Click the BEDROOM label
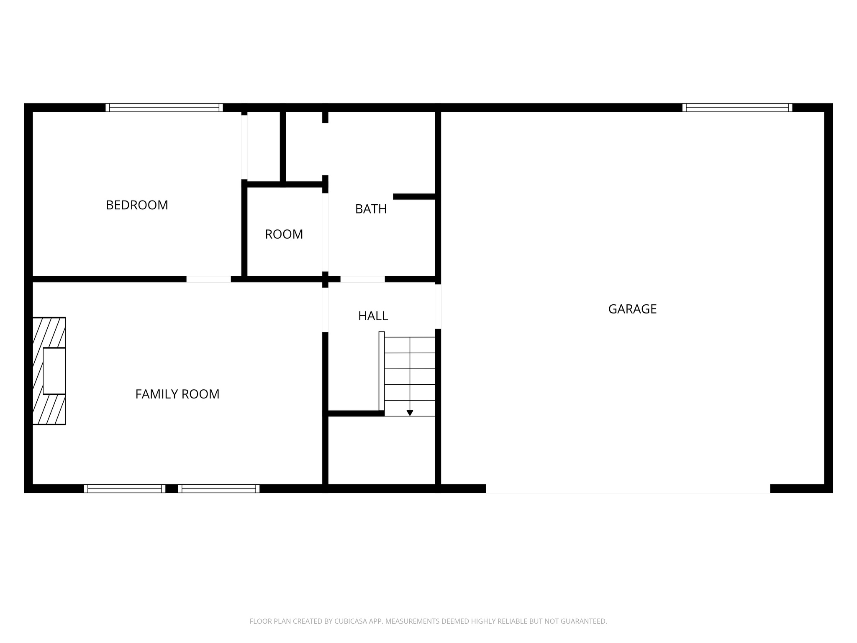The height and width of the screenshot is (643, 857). tap(137, 205)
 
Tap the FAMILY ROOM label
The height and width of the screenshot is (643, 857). tap(177, 394)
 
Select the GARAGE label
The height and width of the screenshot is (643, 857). tap(632, 309)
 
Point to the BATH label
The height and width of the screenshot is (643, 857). tap(371, 209)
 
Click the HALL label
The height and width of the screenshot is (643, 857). tap(373, 316)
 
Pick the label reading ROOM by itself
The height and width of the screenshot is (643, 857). tap(284, 234)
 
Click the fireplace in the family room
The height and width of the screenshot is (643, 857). tap(49, 371)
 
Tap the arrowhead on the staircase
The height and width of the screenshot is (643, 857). tap(410, 413)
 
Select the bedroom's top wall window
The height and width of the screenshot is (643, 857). tap(164, 108)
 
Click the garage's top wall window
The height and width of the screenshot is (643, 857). tap(737, 108)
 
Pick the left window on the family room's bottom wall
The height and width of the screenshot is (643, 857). tap(125, 489)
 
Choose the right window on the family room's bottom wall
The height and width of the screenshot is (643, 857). tap(219, 489)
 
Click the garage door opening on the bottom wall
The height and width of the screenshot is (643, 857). tap(628, 489)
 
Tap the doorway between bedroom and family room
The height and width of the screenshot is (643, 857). tap(208, 279)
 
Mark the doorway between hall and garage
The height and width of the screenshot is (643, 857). tap(438, 306)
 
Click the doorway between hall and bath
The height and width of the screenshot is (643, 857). tap(362, 279)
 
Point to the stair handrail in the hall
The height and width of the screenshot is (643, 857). tap(381, 371)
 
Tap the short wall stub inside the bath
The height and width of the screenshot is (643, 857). tap(414, 196)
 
